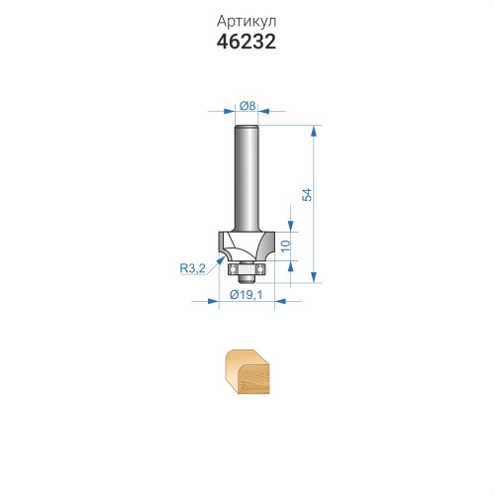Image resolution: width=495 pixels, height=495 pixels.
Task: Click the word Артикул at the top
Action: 247,22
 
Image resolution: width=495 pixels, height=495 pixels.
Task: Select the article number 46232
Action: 247,42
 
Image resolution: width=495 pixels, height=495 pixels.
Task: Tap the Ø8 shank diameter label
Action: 247,106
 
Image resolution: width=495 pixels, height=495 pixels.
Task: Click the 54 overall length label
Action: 307,195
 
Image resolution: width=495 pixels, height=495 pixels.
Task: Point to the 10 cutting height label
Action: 286,246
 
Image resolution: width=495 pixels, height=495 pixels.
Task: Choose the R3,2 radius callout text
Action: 192,268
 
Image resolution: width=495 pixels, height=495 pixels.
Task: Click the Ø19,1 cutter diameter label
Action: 247,294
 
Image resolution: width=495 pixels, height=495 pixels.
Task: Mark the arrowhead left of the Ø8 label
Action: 230,111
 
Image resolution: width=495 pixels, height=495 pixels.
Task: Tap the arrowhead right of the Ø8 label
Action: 263,111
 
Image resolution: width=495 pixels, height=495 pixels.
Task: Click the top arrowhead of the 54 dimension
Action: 314,131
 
